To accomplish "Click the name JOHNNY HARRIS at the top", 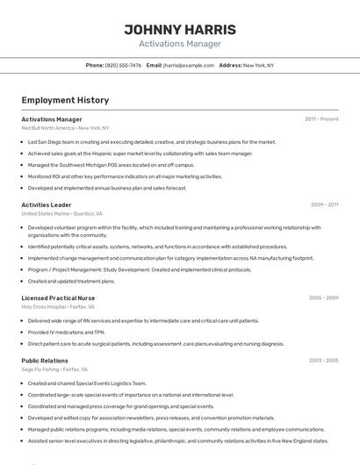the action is (180, 29).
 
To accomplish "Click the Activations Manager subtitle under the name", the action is (180, 44).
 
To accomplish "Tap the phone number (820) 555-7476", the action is (123, 65).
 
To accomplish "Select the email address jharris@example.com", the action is (189, 65).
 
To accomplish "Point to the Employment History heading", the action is (65, 100).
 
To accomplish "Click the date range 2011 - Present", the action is (321, 118).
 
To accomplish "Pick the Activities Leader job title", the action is (47, 204).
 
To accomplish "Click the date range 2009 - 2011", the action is (324, 204).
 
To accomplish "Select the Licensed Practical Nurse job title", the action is (60, 297).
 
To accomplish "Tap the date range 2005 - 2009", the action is (323, 297).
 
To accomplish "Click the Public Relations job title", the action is (45, 361).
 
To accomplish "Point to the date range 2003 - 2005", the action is (323, 361).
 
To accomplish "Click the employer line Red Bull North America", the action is (65, 128).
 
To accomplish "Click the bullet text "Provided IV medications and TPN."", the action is (66, 333).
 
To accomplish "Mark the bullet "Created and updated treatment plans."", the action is (71, 281).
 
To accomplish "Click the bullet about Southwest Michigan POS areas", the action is (111, 164).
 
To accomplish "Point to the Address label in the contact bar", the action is (230, 65).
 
